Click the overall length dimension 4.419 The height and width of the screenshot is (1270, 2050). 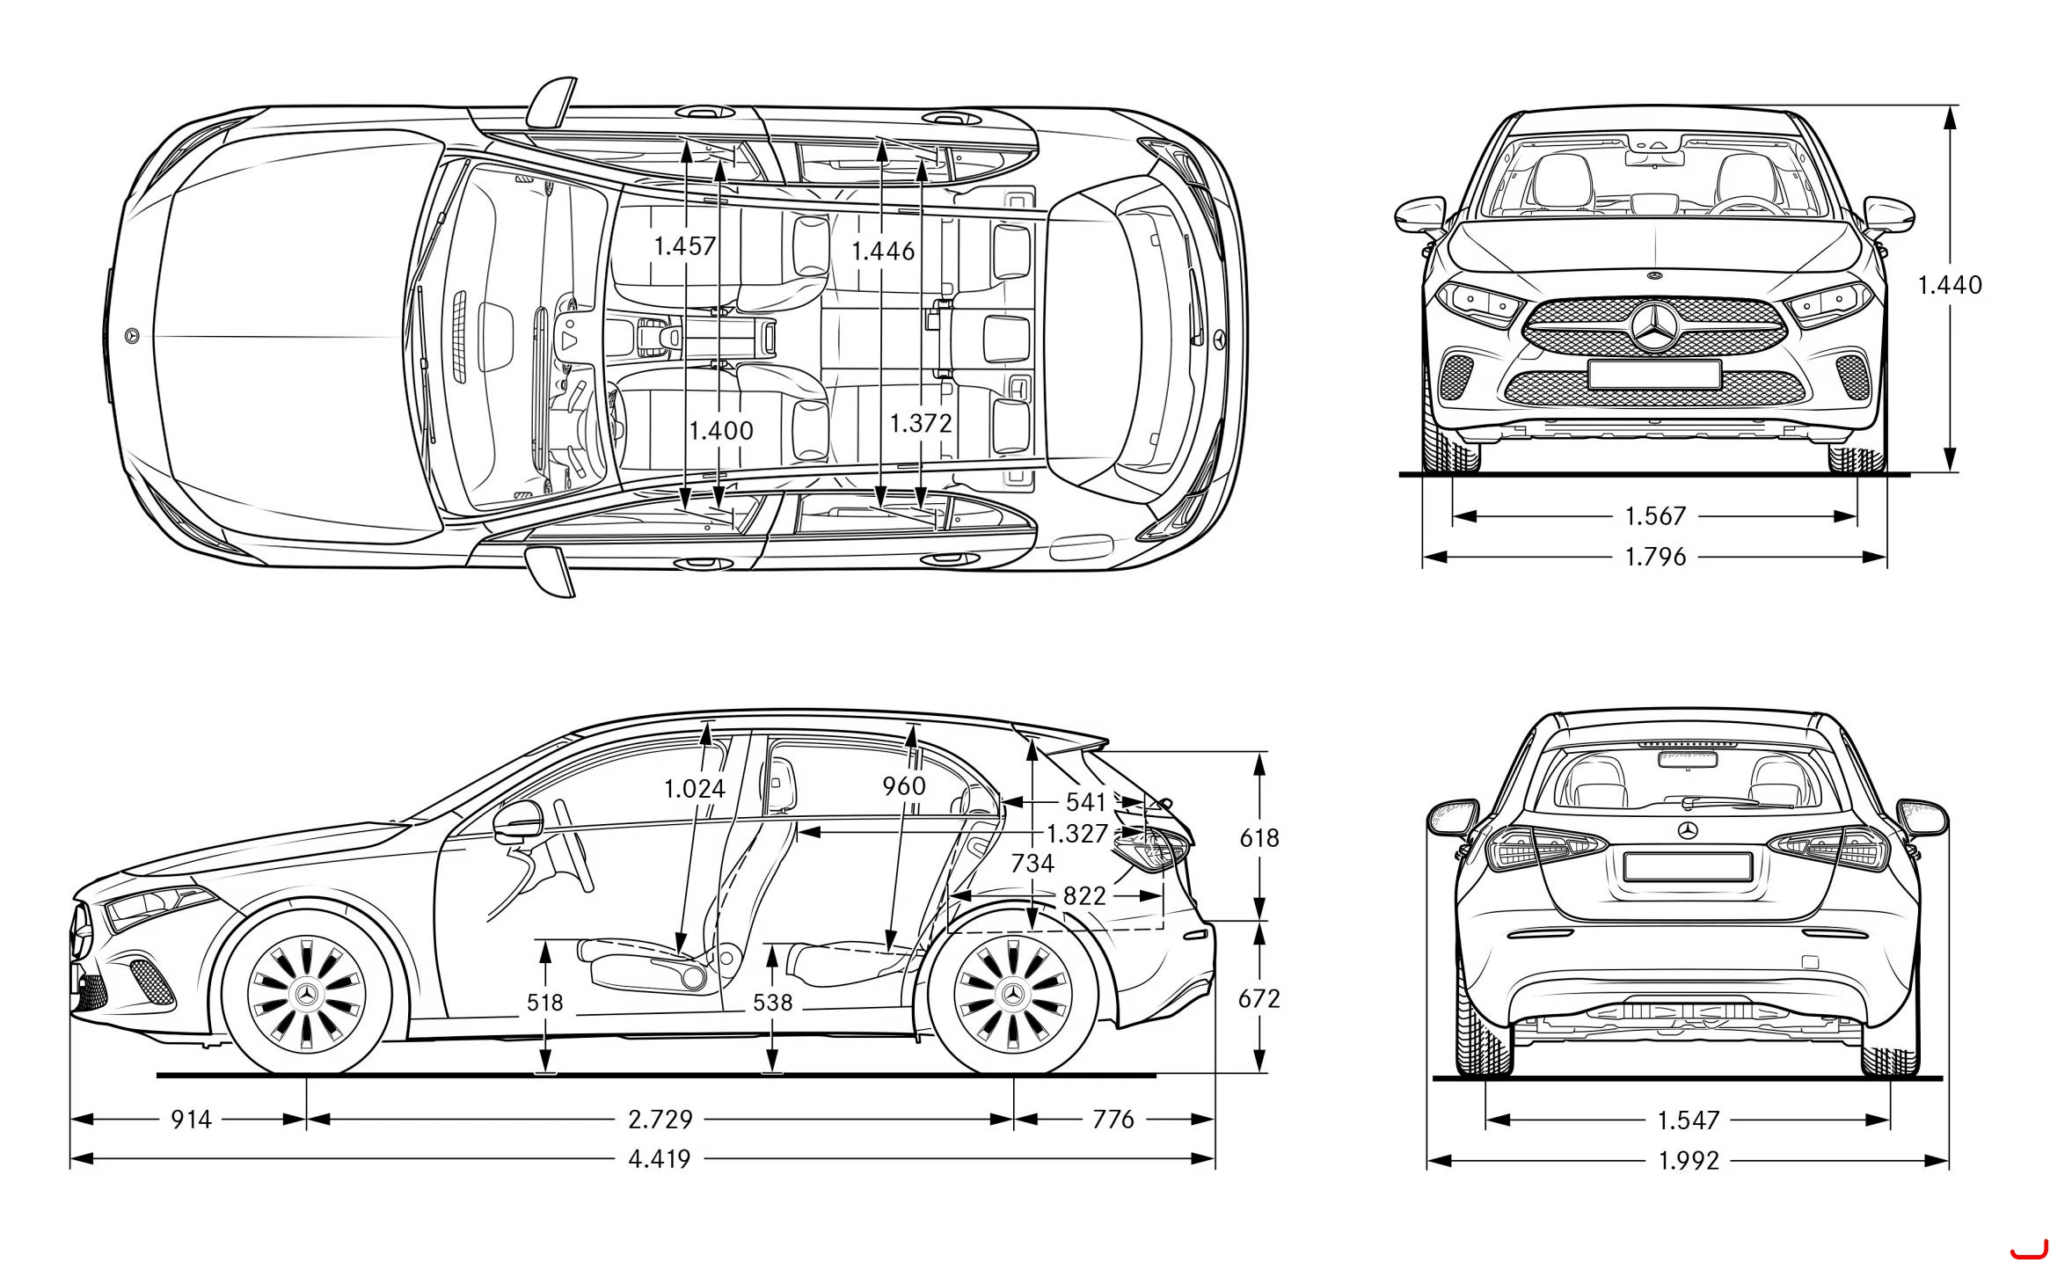pyautogui.click(x=660, y=1159)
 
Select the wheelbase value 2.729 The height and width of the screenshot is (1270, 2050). pyautogui.click(x=660, y=1119)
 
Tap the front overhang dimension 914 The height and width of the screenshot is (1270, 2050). pyautogui.click(x=191, y=1119)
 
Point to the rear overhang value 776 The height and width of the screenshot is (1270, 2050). pyautogui.click(x=1113, y=1119)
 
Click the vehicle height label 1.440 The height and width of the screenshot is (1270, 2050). pyautogui.click(x=1950, y=284)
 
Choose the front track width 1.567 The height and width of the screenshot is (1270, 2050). pyautogui.click(x=1655, y=515)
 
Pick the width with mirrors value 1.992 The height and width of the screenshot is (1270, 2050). pyautogui.click(x=1689, y=1161)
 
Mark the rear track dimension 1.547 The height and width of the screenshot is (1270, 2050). pyautogui.click(x=1689, y=1120)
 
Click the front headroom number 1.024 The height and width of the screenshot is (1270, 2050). pyautogui.click(x=695, y=789)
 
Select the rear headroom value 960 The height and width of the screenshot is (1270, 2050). pyautogui.click(x=904, y=785)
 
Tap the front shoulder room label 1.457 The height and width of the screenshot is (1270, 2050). pyautogui.click(x=685, y=245)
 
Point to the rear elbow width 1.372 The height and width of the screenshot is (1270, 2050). pyautogui.click(x=921, y=423)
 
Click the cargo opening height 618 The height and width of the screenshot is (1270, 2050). pyautogui.click(x=1259, y=838)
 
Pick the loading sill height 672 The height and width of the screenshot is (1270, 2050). pyautogui.click(x=1259, y=998)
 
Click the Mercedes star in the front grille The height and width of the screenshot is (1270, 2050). pyautogui.click(x=1654, y=327)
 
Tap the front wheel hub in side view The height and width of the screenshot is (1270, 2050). pyautogui.click(x=307, y=993)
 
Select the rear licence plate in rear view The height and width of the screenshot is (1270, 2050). pyautogui.click(x=1688, y=865)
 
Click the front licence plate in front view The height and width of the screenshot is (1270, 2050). pyautogui.click(x=1654, y=374)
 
